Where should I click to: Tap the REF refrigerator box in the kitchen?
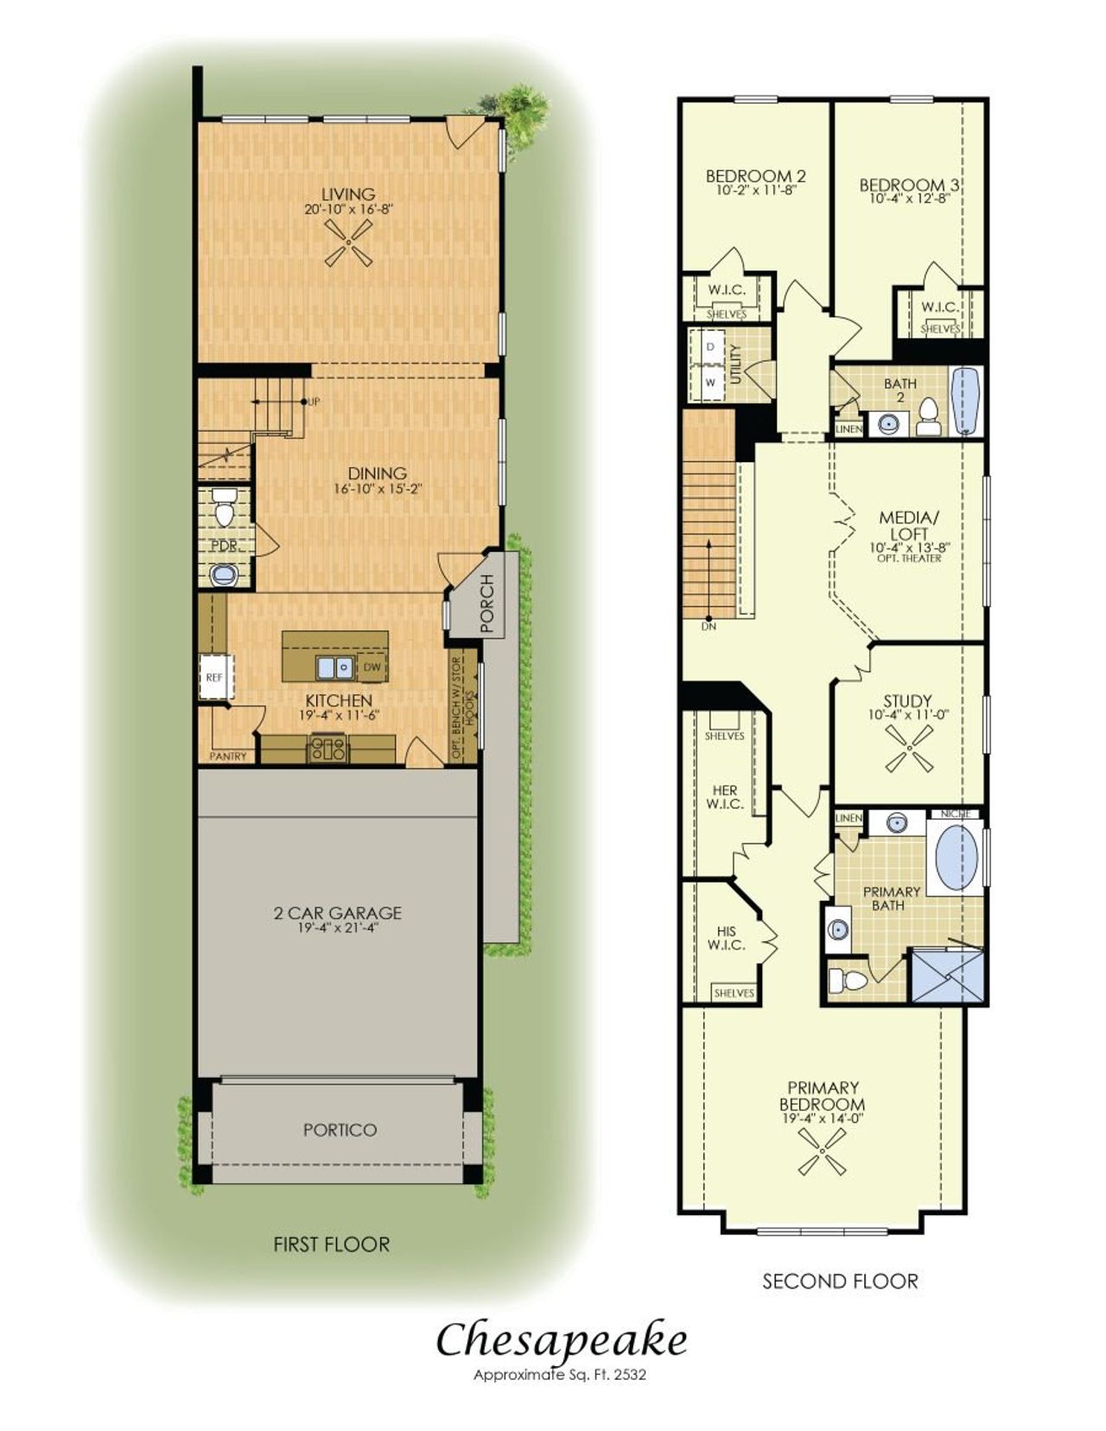click(x=214, y=678)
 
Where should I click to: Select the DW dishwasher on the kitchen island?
click(x=372, y=667)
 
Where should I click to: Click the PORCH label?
click(x=486, y=592)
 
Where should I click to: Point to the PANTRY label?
click(x=228, y=757)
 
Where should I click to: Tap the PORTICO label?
click(x=340, y=1130)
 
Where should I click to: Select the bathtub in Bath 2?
click(x=965, y=402)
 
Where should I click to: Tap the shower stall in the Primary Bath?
click(x=947, y=976)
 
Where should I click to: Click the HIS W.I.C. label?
click(x=727, y=938)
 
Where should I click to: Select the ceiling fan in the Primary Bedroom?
click(x=822, y=1153)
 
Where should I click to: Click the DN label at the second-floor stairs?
click(x=709, y=626)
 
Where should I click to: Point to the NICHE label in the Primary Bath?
click(x=957, y=814)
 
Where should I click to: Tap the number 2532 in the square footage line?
click(x=630, y=1375)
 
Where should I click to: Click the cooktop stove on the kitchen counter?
click(x=329, y=748)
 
